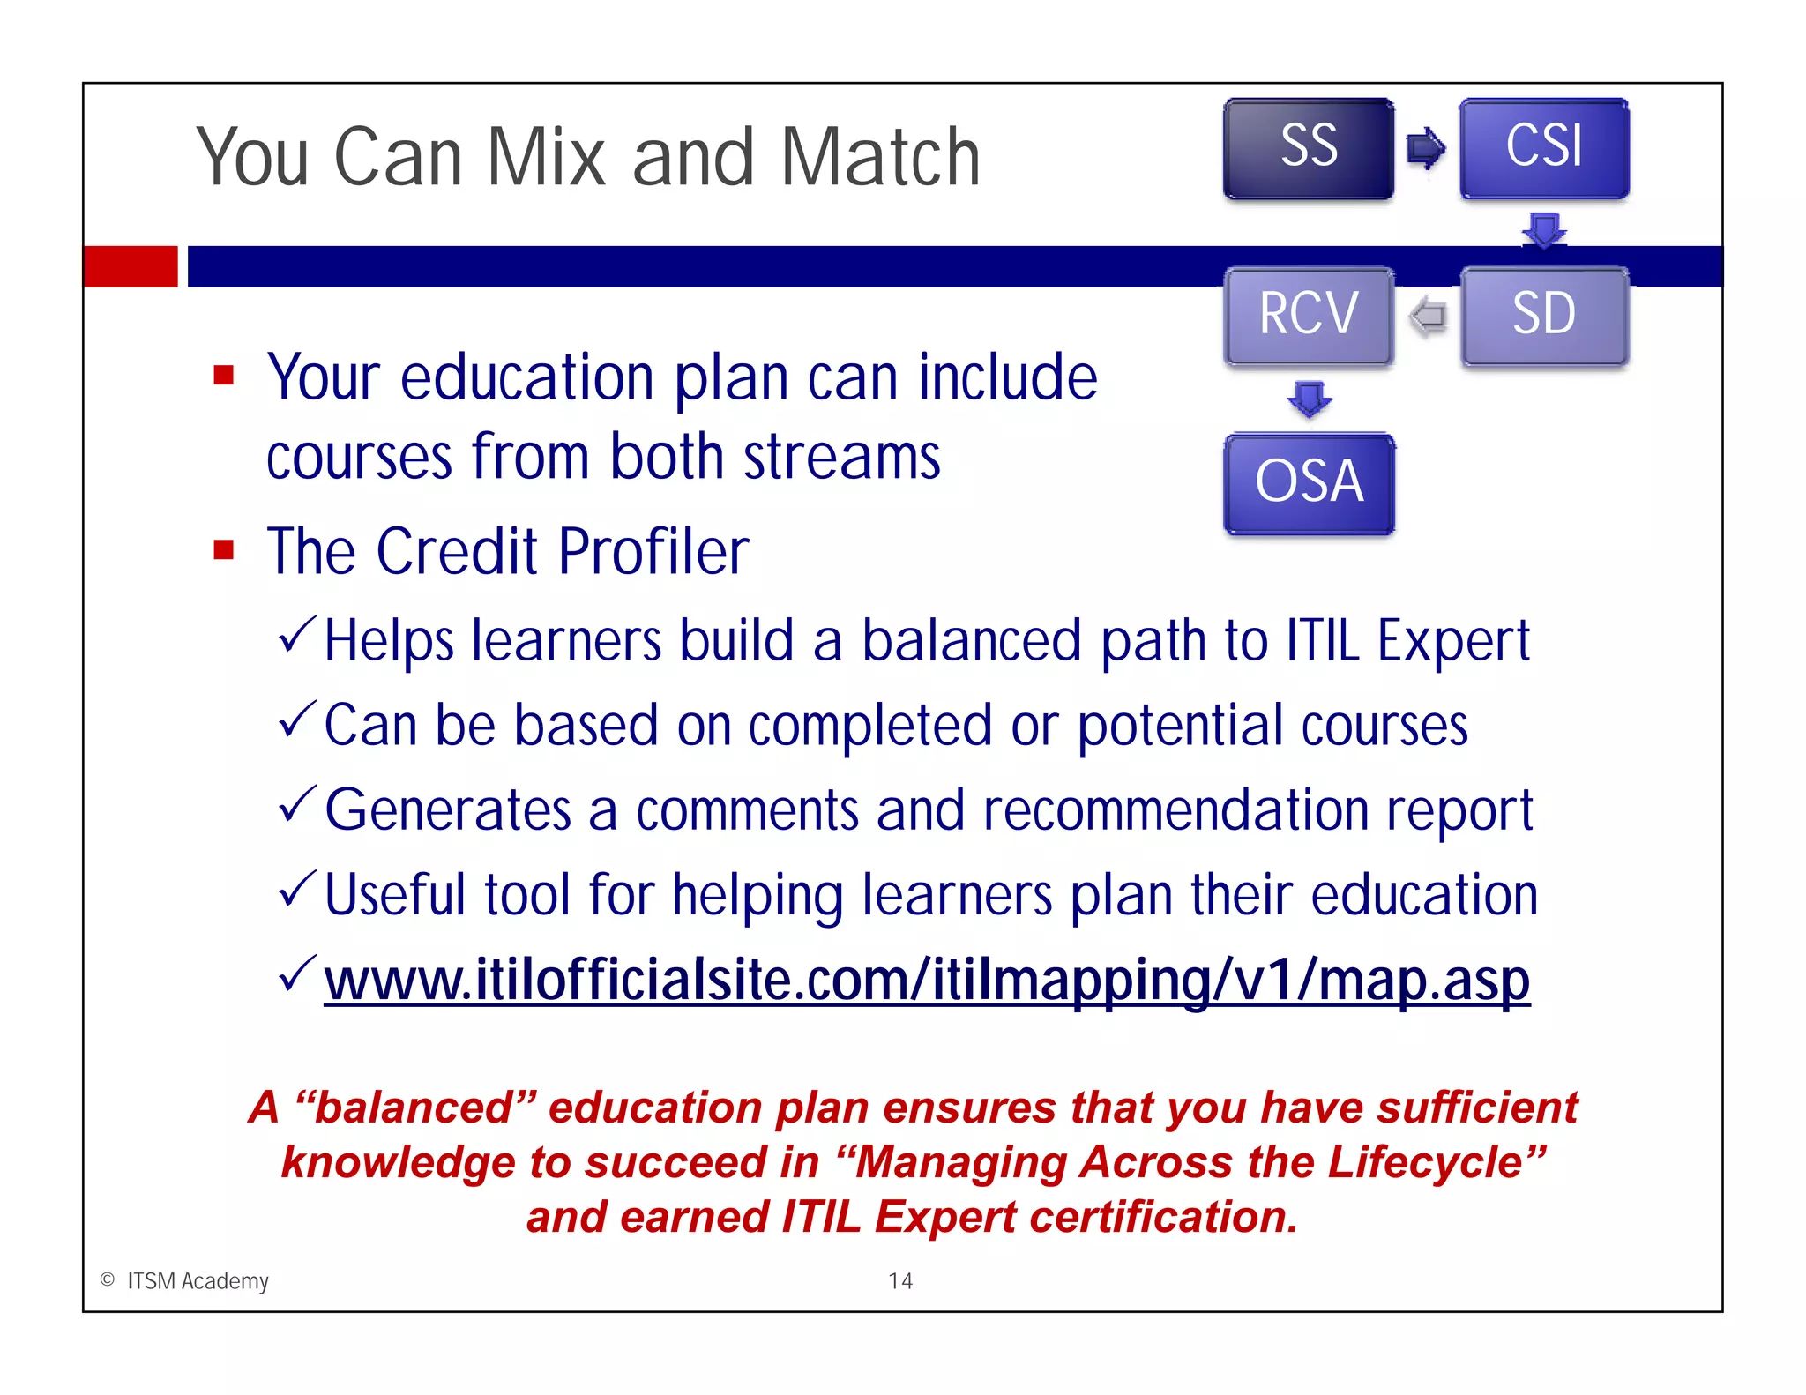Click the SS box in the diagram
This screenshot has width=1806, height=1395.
(1309, 148)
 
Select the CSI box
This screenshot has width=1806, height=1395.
(1544, 148)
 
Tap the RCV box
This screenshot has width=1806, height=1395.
(1309, 316)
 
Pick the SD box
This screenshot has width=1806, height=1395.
(1544, 316)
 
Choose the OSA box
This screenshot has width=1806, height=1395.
(1309, 483)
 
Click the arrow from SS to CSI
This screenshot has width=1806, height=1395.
(1426, 148)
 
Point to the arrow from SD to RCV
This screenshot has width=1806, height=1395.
(1428, 316)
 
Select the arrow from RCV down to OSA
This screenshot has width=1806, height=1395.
(1310, 399)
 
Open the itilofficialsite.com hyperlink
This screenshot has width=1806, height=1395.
(926, 981)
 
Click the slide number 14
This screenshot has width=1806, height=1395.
(900, 1280)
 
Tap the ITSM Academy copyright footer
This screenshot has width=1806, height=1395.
(185, 1280)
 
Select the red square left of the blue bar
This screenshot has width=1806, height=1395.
(131, 266)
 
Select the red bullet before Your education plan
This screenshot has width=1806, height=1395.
(224, 377)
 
